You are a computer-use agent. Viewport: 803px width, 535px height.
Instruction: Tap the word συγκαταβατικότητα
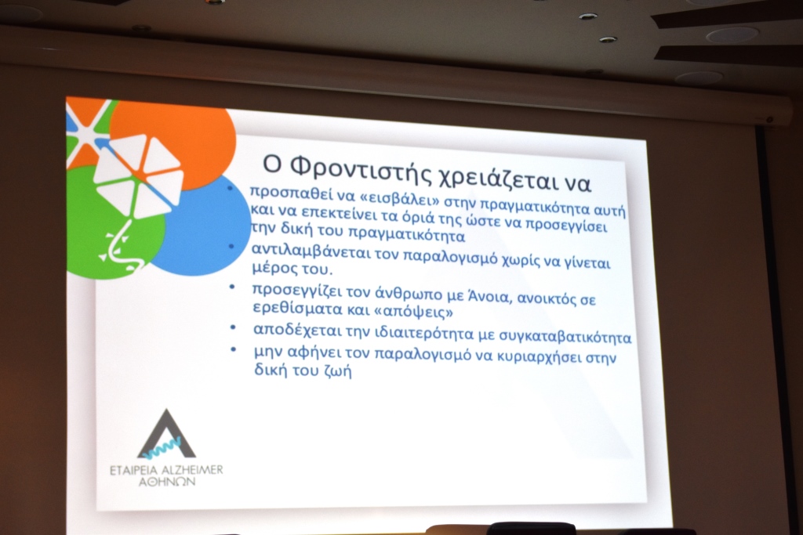561,337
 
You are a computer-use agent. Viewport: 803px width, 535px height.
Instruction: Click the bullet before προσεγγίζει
232,287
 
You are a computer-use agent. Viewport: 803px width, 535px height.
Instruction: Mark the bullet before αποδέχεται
233,327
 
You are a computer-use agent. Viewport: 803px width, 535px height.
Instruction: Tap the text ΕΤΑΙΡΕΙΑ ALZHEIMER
166,470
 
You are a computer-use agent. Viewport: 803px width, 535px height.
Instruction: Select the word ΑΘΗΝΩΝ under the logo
167,482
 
